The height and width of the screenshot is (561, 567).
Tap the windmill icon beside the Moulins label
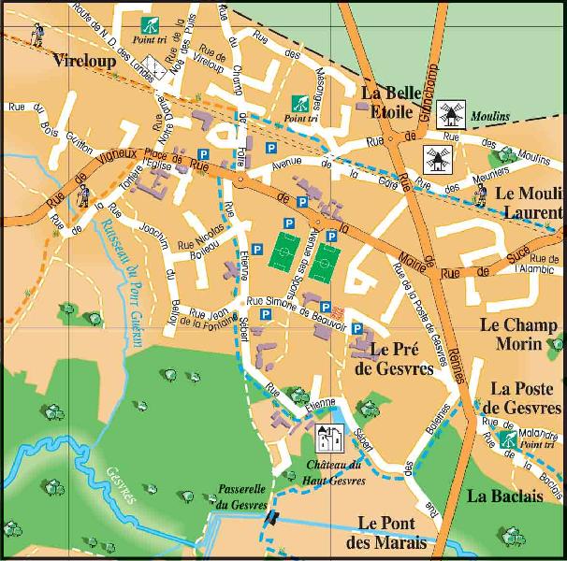coord(452,115)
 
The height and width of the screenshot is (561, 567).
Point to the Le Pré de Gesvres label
coord(393,358)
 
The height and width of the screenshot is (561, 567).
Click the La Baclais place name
coord(505,496)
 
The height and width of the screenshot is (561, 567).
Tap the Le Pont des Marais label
coord(392,532)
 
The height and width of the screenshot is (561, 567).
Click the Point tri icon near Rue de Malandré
coord(509,438)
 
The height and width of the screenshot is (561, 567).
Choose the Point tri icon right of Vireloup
coord(149,25)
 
